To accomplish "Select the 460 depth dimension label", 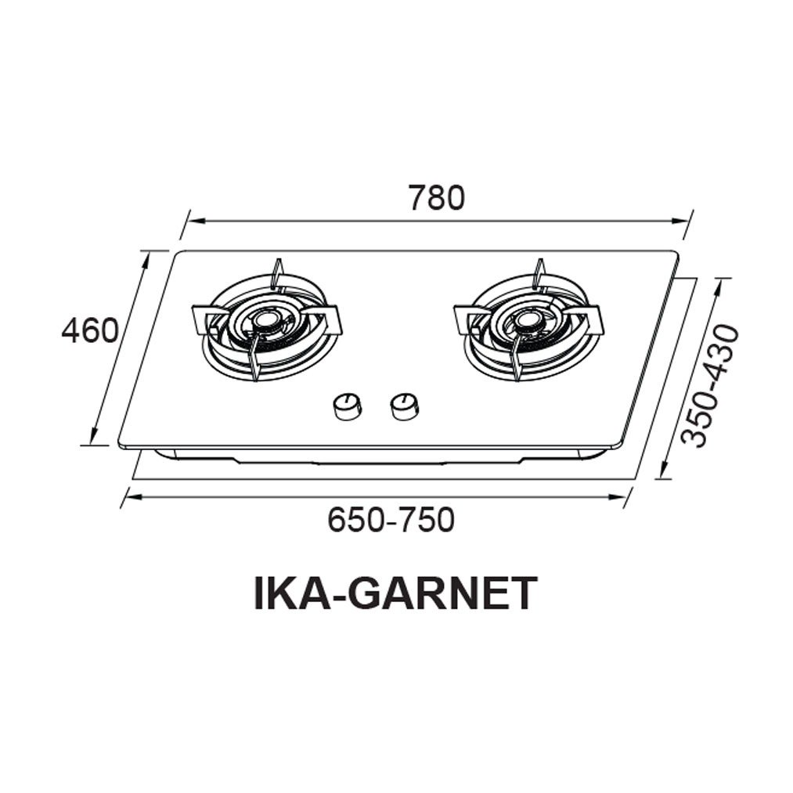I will [90, 331].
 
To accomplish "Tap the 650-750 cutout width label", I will [391, 519].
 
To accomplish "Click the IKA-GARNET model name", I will [395, 593].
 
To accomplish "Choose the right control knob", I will [404, 406].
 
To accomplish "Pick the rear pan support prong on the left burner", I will [276, 273].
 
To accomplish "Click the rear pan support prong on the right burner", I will [538, 273].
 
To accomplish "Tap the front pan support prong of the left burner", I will [254, 362].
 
